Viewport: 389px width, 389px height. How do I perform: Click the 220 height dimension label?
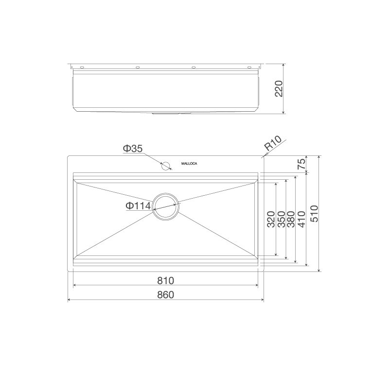(x=279, y=89)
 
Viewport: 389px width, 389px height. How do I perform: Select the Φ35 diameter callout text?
(x=132, y=149)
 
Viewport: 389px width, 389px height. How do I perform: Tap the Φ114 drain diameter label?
(x=138, y=206)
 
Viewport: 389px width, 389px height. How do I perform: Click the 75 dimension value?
(x=302, y=164)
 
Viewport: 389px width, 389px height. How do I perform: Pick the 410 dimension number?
(x=301, y=220)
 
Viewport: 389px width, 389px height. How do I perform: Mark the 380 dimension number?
(x=291, y=220)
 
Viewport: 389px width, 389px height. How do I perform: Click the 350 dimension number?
(x=281, y=220)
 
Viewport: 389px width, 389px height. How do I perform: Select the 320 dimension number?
(x=271, y=220)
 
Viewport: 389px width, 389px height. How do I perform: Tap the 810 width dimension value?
(x=165, y=280)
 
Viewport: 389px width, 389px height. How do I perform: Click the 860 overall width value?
(x=165, y=294)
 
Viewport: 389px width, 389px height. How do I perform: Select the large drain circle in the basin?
(x=166, y=205)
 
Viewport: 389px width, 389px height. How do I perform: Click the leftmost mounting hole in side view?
(x=82, y=67)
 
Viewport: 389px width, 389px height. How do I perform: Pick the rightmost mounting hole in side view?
(x=250, y=67)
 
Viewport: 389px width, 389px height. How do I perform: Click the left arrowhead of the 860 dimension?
(x=69, y=300)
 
